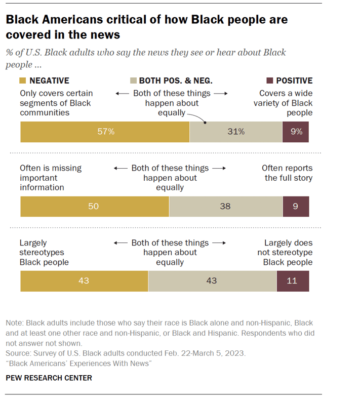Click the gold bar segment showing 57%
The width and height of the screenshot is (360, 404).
(104, 132)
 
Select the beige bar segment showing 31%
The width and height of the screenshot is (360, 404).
(235, 132)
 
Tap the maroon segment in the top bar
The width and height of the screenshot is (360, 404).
(296, 132)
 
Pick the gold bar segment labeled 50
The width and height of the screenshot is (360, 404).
(94, 207)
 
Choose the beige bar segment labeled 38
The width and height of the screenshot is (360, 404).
(226, 207)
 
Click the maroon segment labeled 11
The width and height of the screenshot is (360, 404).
(293, 281)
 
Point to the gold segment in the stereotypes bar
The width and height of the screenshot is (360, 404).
(84, 281)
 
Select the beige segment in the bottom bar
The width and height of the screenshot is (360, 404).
(212, 281)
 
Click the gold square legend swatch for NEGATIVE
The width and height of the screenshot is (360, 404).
(23, 80)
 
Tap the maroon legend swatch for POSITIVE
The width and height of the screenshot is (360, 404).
(270, 80)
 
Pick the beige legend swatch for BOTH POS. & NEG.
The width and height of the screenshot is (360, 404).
(134, 80)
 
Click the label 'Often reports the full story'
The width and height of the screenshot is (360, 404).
(287, 173)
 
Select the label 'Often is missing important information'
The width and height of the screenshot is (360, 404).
(51, 177)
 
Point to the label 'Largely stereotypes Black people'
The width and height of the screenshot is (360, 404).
(45, 252)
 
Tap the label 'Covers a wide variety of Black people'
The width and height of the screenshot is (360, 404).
(284, 103)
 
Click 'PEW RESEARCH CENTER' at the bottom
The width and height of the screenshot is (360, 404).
(49, 378)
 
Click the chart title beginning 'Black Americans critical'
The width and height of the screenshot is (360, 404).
(146, 27)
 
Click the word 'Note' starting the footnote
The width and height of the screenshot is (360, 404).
(14, 322)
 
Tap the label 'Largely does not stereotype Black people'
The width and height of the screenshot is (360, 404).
(288, 252)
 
